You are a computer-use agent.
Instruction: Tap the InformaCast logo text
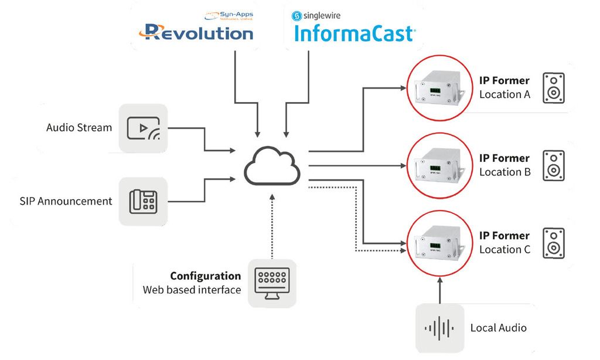[x=354, y=34]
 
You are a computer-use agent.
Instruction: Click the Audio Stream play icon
[x=143, y=128]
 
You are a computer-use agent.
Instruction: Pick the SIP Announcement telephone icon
[x=143, y=202]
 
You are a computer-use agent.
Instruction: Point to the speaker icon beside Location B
[x=553, y=165]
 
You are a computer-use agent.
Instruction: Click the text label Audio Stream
[x=79, y=127]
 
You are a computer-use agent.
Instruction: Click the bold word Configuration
[x=205, y=276]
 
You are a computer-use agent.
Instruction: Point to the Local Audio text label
[x=498, y=328]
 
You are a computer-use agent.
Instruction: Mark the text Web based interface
[x=192, y=290]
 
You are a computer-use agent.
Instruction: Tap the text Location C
[x=504, y=249]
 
